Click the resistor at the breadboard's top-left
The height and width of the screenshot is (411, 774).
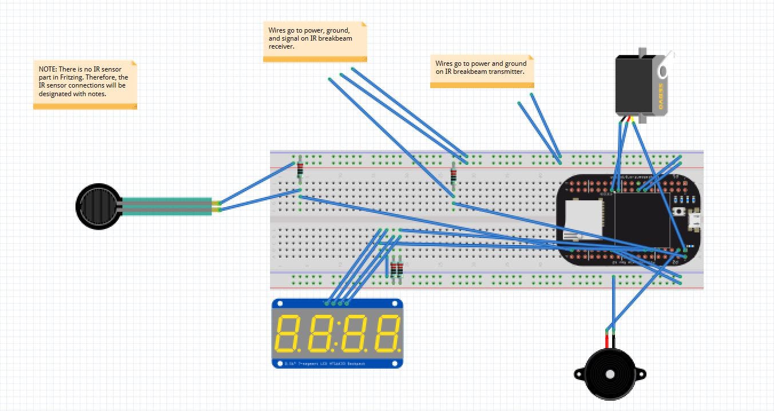click(300, 170)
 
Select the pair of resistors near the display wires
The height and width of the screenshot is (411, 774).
click(396, 269)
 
